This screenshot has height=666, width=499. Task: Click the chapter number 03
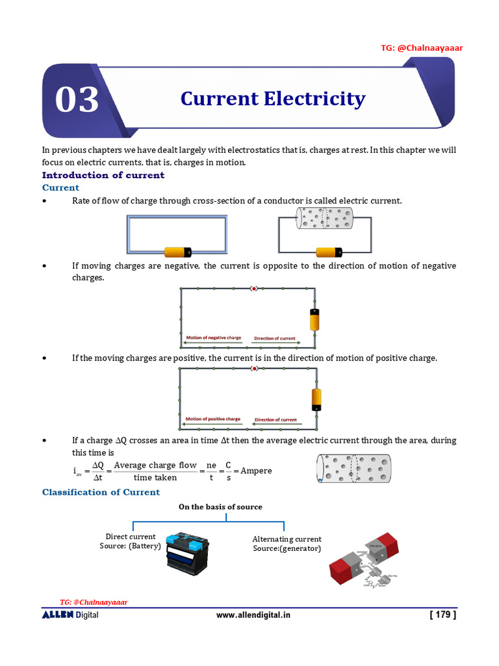point(77,100)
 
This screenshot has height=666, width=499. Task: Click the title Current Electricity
point(272,99)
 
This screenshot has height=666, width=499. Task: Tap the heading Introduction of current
point(103,175)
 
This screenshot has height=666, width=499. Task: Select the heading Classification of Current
point(101,492)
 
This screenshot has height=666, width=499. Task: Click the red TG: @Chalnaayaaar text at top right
point(422,47)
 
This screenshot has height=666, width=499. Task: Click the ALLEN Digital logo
point(70,615)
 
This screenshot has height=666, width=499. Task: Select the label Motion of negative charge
point(213,338)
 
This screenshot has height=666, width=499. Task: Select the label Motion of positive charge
point(213,419)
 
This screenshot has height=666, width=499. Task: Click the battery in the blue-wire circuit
point(177,252)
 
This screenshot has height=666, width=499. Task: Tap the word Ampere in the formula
point(256,470)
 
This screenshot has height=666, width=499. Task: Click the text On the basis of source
point(220,507)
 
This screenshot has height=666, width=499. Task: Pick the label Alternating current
point(287,539)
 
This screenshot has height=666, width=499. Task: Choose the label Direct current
point(131,537)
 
